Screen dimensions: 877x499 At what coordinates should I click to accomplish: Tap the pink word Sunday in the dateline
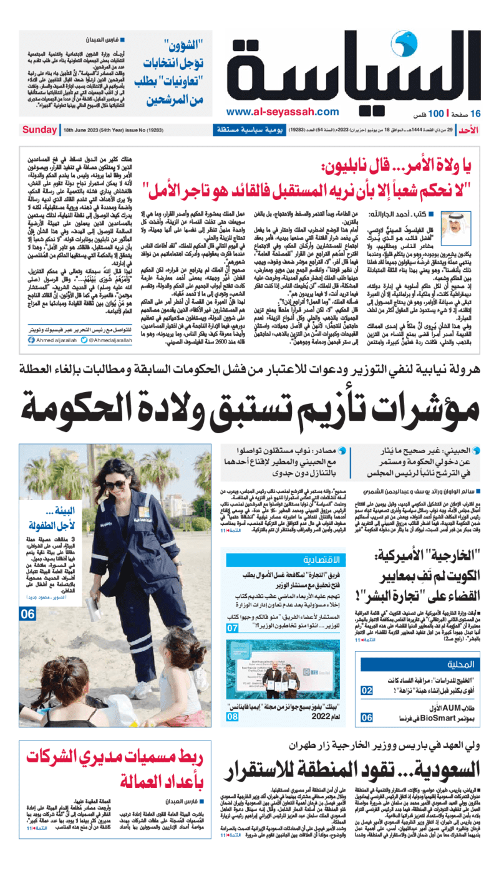pos(39,130)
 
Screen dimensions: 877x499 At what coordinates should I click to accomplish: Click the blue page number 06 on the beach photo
pos(27,614)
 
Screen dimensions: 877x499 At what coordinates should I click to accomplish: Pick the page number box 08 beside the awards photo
pos(232,717)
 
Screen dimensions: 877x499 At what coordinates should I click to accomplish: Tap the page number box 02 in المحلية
pos(367,690)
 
